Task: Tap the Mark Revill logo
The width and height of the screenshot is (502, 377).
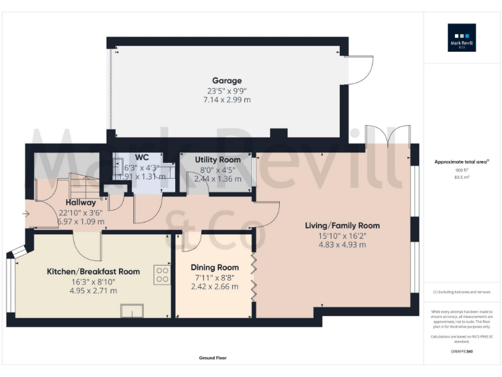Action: tap(461, 37)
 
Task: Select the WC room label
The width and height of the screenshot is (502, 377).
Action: tap(142, 158)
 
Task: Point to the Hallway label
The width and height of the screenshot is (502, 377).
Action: tap(80, 202)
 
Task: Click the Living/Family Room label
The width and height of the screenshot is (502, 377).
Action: tap(342, 226)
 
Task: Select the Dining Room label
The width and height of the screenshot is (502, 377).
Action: tap(214, 267)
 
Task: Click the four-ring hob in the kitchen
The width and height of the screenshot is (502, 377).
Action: tap(162, 274)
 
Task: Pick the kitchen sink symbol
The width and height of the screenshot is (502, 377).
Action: tap(131, 311)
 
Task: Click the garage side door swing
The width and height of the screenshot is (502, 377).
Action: tap(360, 70)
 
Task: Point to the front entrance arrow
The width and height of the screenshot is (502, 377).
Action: tap(25, 213)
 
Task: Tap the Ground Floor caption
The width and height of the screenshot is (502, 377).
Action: tap(213, 358)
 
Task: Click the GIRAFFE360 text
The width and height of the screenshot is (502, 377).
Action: tap(461, 352)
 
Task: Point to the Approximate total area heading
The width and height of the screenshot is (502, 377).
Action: tap(460, 161)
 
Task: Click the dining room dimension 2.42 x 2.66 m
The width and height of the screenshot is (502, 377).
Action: tap(214, 286)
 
